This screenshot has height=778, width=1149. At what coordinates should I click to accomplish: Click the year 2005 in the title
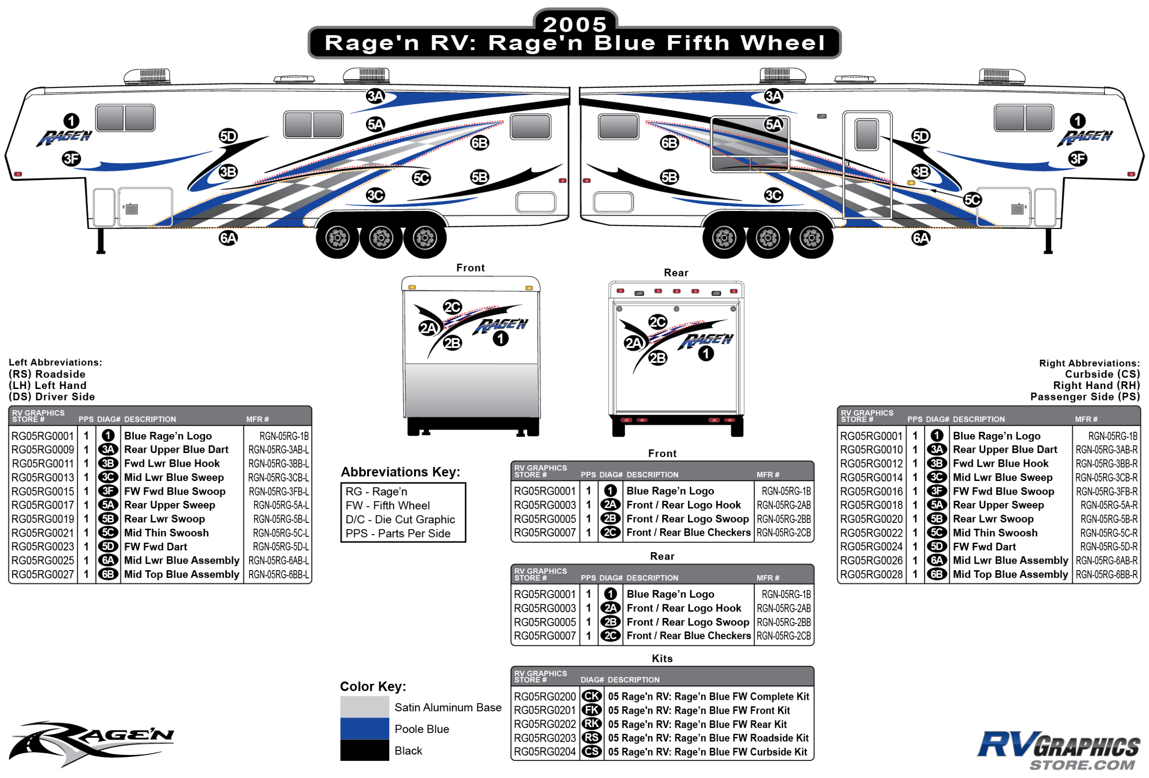pyautogui.click(x=574, y=24)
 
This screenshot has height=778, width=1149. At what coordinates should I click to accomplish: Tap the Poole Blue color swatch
pyautogui.click(x=364, y=728)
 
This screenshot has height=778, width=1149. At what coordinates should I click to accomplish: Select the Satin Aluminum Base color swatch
pyautogui.click(x=364, y=707)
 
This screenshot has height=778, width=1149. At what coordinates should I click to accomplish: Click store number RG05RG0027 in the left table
pyautogui.click(x=43, y=574)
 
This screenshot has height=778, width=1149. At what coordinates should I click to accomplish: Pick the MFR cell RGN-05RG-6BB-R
pyautogui.click(x=1106, y=574)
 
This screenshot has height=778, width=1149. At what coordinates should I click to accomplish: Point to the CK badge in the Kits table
pyautogui.click(x=592, y=696)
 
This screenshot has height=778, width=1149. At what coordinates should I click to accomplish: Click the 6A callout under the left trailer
pyautogui.click(x=228, y=238)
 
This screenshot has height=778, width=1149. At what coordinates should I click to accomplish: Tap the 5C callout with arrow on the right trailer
pyautogui.click(x=973, y=200)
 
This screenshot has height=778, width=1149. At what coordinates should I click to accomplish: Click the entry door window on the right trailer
pyautogui.click(x=867, y=134)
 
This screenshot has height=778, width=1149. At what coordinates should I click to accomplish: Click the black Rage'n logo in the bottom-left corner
pyautogui.click(x=91, y=744)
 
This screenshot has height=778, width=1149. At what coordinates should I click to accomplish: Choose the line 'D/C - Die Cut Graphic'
pyautogui.click(x=400, y=519)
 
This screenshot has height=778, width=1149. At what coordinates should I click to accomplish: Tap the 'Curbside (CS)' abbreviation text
pyautogui.click(x=1103, y=374)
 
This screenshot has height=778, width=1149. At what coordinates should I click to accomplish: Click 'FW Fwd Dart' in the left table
pyautogui.click(x=156, y=547)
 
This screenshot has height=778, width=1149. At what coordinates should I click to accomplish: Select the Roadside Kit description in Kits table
pyautogui.click(x=708, y=738)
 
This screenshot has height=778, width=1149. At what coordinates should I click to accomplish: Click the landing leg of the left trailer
pyautogui.click(x=101, y=241)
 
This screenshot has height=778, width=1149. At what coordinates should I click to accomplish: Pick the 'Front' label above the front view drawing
pyautogui.click(x=470, y=268)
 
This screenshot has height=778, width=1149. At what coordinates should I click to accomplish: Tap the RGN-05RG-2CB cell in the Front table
pyautogui.click(x=784, y=532)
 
